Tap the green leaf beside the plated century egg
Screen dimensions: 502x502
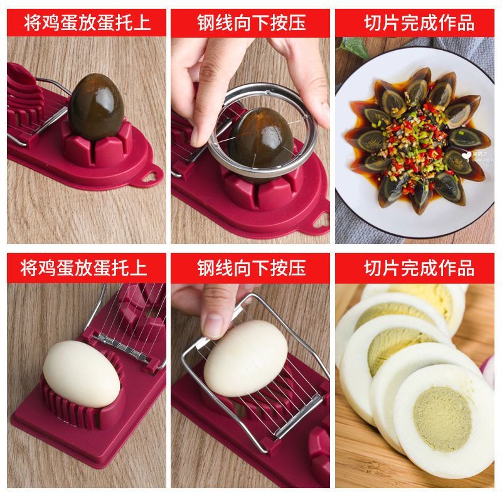[354, 48]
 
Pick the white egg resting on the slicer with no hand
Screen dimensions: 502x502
[82, 374]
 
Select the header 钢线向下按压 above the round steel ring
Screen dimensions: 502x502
[251, 23]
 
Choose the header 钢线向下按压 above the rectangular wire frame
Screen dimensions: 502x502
[251, 268]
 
